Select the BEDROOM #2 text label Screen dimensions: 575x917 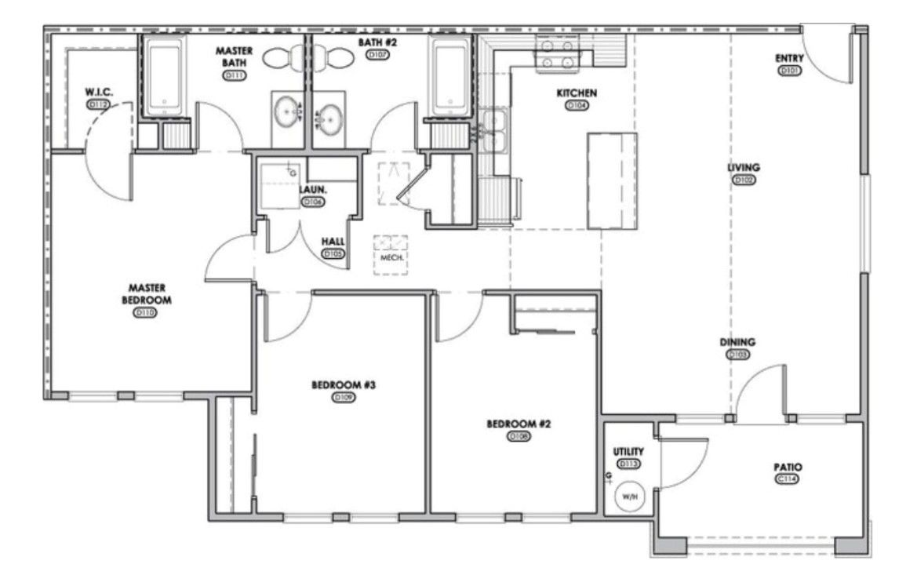click(x=519, y=424)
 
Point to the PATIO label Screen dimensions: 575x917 click(x=787, y=467)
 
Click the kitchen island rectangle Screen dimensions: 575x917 click(x=612, y=180)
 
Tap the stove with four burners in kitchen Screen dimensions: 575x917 click(x=555, y=54)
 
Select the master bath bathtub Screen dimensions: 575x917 click(x=166, y=77)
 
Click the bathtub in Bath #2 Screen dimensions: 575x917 click(x=451, y=77)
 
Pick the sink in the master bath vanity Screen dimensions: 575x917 click(x=286, y=115)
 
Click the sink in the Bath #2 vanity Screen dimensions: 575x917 click(x=330, y=120)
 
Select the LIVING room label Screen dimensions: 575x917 click(x=743, y=168)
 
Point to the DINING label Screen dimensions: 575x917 click(x=738, y=342)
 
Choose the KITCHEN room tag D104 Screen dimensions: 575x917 click(x=577, y=105)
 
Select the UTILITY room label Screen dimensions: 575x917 click(x=628, y=452)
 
